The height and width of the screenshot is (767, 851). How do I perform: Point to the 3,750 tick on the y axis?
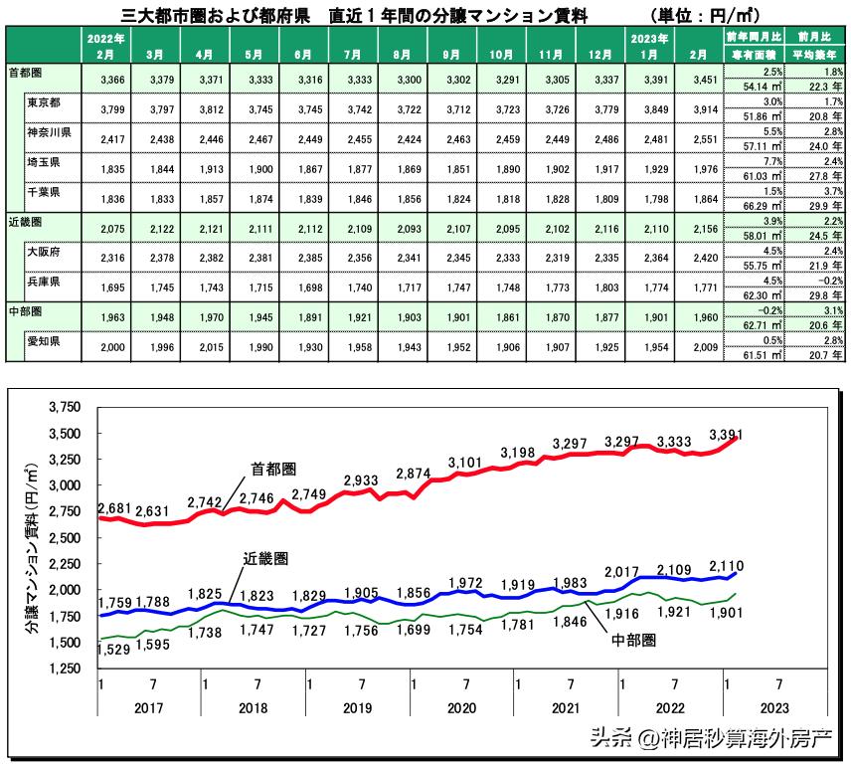(x=64, y=408)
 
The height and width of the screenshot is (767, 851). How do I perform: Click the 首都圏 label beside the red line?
(x=272, y=469)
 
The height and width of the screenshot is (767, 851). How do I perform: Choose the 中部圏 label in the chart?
(x=632, y=641)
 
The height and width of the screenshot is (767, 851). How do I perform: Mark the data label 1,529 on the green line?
(x=116, y=649)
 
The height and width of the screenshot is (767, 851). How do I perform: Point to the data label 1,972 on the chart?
(x=465, y=582)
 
